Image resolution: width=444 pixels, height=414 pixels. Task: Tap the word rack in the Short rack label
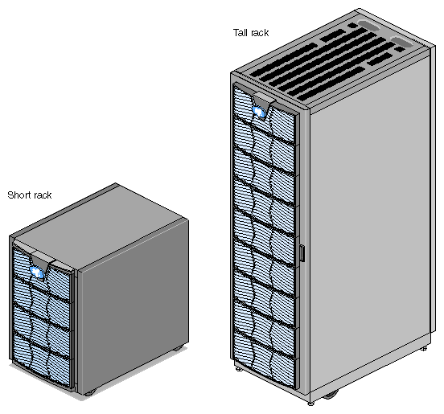coord(41,195)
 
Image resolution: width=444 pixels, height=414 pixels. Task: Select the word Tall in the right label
coord(240,32)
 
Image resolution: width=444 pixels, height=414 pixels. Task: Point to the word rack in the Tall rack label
coord(259,33)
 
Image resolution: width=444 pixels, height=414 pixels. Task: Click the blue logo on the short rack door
coord(37,273)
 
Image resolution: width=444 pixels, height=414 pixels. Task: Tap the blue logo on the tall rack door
coord(259,112)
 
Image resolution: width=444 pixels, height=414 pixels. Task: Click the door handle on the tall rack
coord(302,253)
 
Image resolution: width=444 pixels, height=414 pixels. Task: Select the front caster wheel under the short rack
coord(90,392)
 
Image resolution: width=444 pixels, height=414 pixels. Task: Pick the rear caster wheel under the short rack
coord(178,348)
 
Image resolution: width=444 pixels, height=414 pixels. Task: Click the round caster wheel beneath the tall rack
coord(331,395)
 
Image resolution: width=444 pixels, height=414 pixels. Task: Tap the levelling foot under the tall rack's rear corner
coord(424,348)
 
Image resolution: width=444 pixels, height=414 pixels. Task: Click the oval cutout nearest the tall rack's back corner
coord(369,25)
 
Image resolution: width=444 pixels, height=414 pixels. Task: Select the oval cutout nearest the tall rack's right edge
coord(402,42)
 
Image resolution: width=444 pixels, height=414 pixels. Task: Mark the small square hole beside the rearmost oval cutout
coord(352,26)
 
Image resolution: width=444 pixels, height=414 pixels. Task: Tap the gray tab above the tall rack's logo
coord(264,98)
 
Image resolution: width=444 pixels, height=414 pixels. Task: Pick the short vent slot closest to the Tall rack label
coord(332,35)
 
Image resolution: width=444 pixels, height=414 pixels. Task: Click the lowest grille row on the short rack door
coord(41,359)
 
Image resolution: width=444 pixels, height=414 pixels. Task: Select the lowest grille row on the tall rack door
coord(265,358)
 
